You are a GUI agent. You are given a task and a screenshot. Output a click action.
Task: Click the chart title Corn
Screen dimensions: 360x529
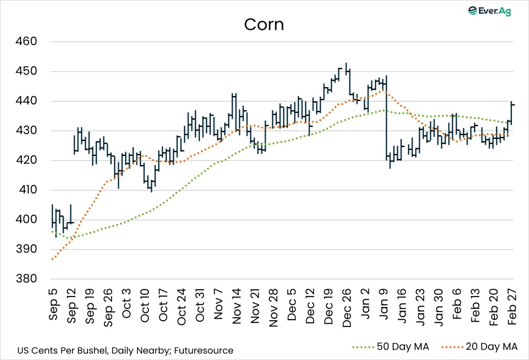(264, 24)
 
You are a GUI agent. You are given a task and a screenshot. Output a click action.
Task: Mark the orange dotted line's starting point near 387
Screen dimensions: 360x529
(52, 259)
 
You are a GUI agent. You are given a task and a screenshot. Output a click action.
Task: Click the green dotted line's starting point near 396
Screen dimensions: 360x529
(52, 231)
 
